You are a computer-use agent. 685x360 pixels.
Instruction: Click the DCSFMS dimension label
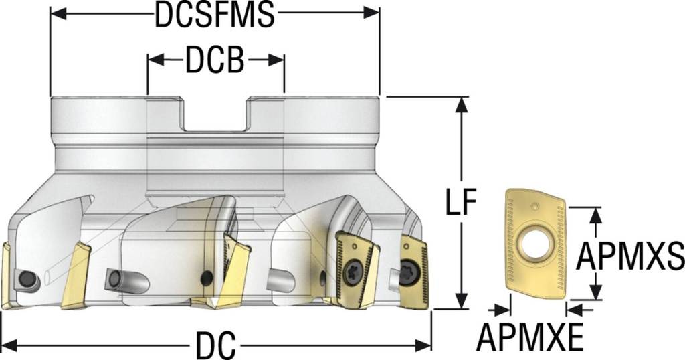tap(214, 16)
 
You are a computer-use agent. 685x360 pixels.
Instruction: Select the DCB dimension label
tap(215, 61)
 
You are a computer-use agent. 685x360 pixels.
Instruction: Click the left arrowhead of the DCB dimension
tap(153, 61)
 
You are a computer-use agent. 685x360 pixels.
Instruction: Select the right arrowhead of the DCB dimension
tap(278, 61)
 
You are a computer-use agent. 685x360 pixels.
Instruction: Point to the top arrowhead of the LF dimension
tap(461, 103)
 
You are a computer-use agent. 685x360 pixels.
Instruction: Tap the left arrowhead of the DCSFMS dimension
tap(57, 13)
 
